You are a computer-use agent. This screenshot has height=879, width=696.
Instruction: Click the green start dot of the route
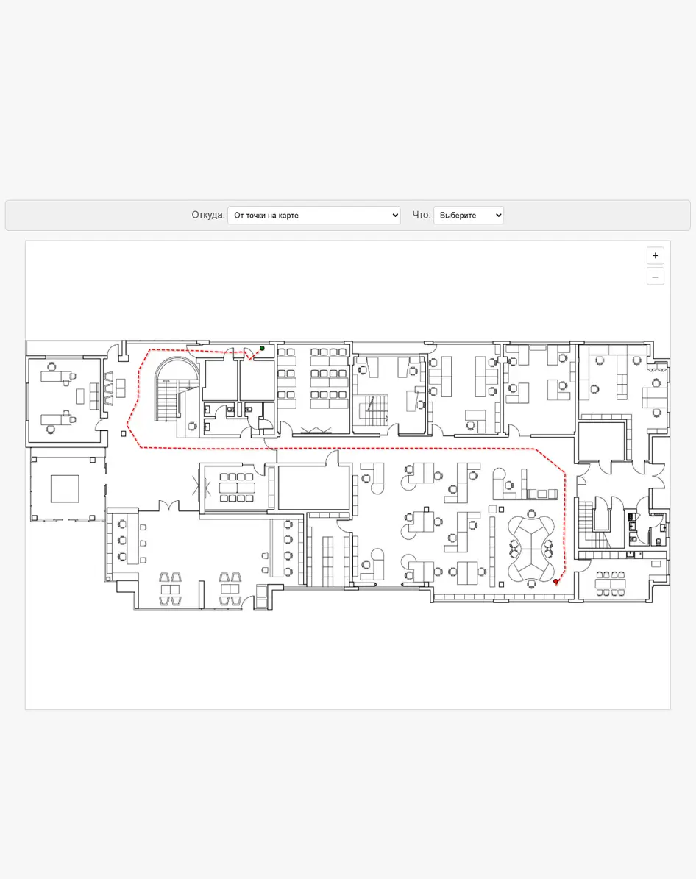pos(262,348)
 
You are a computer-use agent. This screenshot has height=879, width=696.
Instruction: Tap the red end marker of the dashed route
pos(555,581)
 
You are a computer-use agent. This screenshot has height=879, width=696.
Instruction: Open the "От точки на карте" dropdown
pos(314,216)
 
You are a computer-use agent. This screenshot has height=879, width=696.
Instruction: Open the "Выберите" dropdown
pos(469,216)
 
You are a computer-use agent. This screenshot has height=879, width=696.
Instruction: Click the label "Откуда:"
pos(207,215)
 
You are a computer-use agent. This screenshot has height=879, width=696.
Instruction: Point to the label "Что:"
pos(421,215)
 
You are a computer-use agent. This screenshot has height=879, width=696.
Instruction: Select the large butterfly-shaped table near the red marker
pos(530,548)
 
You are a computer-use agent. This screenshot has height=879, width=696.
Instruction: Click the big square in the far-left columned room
pos(65,489)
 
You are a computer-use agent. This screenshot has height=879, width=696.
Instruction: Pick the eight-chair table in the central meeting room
pos(237,487)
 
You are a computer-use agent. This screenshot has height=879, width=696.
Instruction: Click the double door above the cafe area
pos(168,506)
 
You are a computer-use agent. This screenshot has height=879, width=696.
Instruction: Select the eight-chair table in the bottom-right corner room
pos(610,583)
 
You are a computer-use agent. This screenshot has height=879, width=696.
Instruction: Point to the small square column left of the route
pos(124,433)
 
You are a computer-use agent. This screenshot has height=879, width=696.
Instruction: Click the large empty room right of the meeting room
pos(314,487)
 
